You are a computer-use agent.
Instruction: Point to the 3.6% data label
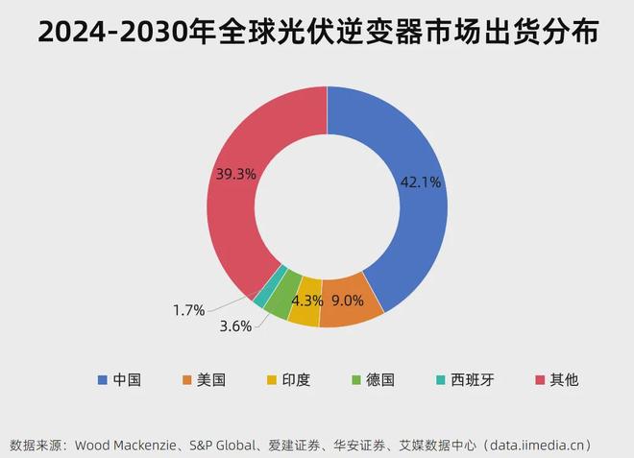[x=235, y=325]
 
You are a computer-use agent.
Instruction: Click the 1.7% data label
[x=189, y=309]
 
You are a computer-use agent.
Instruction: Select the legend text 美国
[x=211, y=379]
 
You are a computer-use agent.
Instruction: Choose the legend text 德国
[x=381, y=379]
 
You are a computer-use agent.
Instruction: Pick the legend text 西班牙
[x=474, y=379]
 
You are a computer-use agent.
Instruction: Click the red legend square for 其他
[x=540, y=379]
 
